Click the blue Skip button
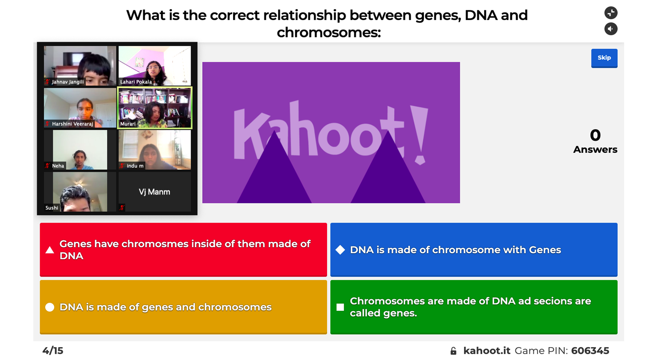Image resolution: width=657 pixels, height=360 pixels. click(604, 58)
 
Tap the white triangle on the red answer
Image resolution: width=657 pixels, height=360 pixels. click(50, 250)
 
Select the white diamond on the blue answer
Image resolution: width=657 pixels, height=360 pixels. click(340, 250)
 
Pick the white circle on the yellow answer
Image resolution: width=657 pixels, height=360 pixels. click(50, 307)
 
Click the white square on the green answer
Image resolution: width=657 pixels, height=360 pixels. click(340, 307)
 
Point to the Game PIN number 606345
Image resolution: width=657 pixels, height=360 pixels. click(590, 350)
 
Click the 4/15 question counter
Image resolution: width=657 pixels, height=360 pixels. click(53, 350)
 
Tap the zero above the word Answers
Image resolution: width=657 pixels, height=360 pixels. click(595, 135)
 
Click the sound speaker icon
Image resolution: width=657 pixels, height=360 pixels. click(611, 29)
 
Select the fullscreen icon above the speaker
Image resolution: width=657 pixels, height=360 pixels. click(611, 13)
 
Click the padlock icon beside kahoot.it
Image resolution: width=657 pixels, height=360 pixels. click(454, 350)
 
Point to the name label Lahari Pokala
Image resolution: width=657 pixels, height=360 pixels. click(136, 82)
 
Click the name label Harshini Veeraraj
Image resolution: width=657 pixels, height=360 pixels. click(73, 124)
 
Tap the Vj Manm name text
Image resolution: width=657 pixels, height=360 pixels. click(155, 192)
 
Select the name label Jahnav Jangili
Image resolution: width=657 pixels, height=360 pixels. click(68, 82)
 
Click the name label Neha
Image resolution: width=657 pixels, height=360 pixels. click(58, 166)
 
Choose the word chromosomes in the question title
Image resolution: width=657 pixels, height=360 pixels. click(329, 32)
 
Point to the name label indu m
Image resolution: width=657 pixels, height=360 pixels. click(135, 166)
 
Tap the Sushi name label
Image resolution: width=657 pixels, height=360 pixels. click(52, 208)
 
